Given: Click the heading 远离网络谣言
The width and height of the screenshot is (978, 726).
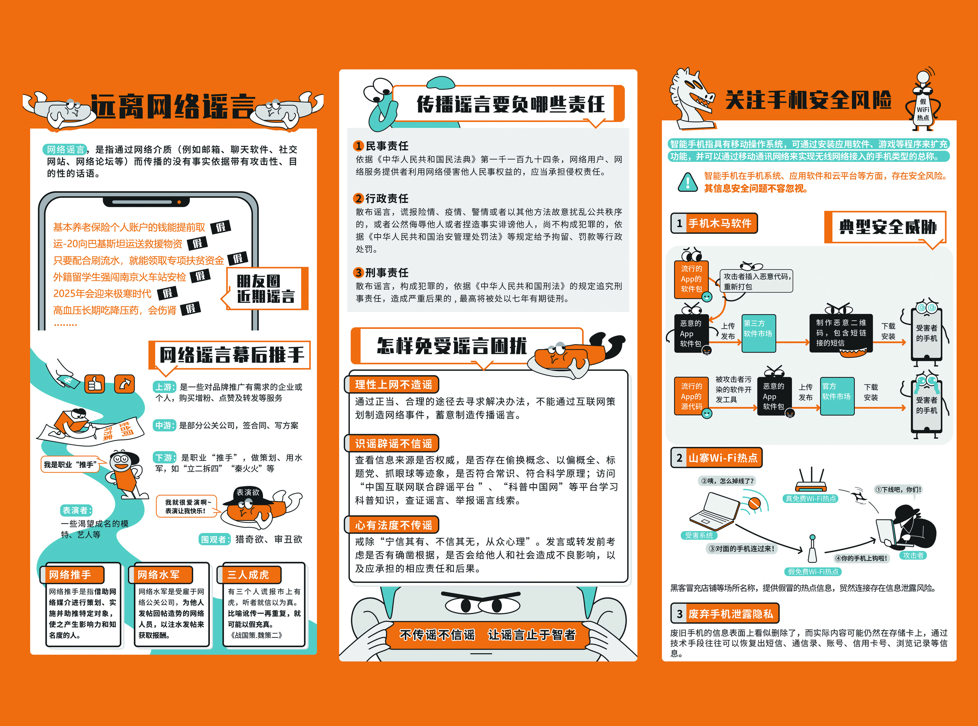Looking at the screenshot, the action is coord(173,106).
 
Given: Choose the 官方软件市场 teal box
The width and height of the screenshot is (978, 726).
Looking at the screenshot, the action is coord(837,396).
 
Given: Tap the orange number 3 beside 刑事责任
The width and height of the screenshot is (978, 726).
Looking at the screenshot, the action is coord(359,272).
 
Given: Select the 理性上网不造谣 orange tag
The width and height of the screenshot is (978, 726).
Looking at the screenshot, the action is coord(392,384).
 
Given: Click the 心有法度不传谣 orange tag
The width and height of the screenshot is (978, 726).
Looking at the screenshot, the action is coord(392,525).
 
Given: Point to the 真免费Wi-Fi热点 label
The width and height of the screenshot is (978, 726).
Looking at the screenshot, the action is coord(811,498).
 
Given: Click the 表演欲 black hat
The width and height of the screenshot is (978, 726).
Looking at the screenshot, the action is coord(247,496).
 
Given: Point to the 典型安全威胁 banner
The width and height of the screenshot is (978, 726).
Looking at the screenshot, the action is coord(885,227).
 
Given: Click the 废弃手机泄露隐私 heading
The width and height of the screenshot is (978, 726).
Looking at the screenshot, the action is coord(725,614).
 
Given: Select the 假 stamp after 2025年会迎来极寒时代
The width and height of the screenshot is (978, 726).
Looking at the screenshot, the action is coord(168,293).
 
